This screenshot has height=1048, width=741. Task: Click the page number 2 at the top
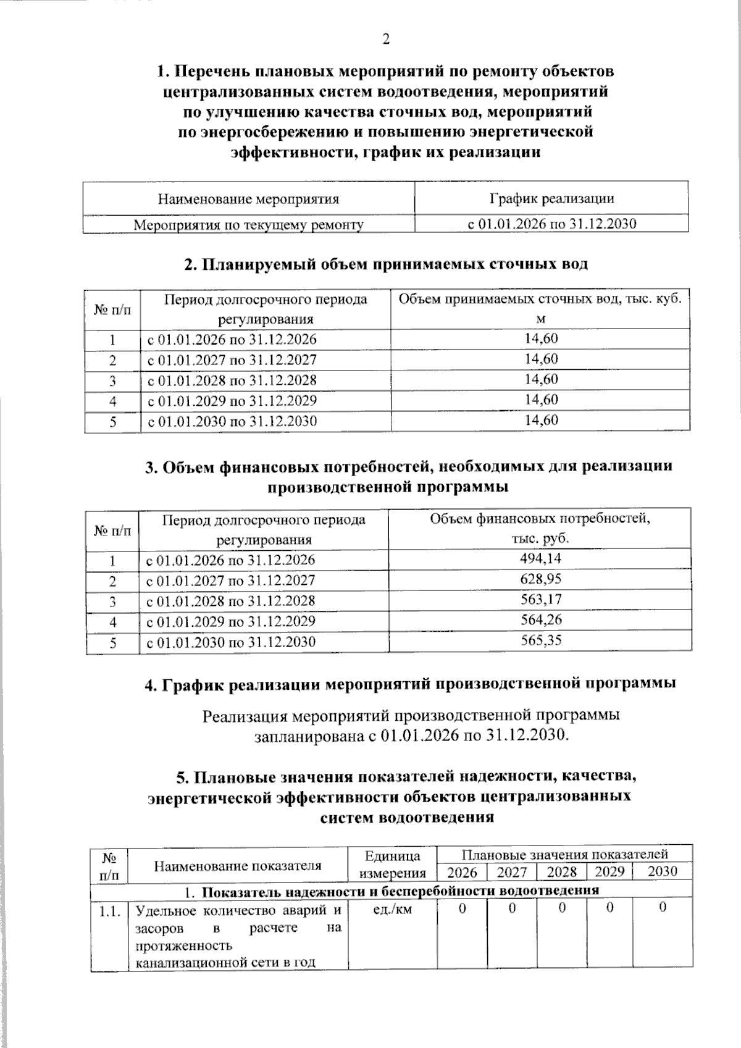[x=386, y=40]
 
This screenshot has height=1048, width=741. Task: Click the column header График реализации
[x=551, y=198]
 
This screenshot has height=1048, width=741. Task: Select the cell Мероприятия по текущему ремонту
[x=249, y=224]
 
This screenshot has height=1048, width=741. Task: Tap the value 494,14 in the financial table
[x=541, y=559]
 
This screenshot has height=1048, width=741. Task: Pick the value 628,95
[x=541, y=579]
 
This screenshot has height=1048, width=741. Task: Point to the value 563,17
[x=541, y=600]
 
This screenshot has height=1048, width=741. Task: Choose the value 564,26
[x=541, y=619]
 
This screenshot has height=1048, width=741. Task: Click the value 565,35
[x=541, y=640]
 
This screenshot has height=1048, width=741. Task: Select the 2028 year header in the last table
[x=562, y=871]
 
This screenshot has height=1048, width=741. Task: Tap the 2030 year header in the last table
[x=661, y=871]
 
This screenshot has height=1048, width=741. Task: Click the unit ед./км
[x=393, y=909]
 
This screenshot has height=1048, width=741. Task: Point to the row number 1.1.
[x=109, y=910]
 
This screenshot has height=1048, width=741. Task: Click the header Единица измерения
[x=393, y=864]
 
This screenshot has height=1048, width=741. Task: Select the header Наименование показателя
[x=238, y=865]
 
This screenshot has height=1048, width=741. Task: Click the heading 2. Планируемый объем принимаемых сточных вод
[x=386, y=264]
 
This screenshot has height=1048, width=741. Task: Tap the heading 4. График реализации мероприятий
[x=409, y=684]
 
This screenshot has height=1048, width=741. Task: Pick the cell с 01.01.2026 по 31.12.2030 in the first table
[x=551, y=224]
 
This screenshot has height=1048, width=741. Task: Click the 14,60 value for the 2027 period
[x=541, y=359]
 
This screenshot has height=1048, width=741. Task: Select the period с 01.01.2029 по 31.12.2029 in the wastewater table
[x=232, y=401]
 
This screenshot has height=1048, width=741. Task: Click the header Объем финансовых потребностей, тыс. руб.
[x=540, y=528]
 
